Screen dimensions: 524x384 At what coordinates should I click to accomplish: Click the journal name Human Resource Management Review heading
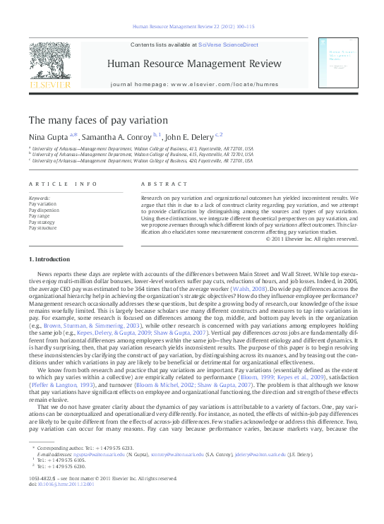(191, 64)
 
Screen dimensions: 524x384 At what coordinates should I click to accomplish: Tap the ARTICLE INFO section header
(63, 184)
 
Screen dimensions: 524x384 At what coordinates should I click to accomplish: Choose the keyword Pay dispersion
(44, 210)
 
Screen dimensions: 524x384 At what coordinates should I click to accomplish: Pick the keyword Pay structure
(43, 228)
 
